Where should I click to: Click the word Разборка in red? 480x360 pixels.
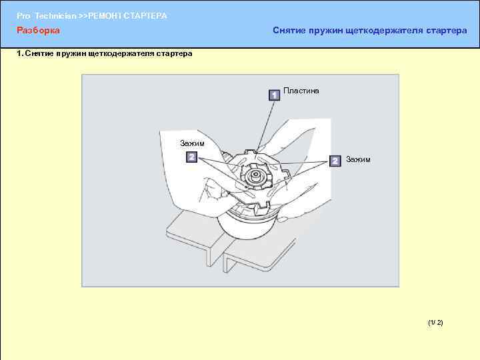point(38,30)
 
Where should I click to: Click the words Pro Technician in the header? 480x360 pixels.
point(46,16)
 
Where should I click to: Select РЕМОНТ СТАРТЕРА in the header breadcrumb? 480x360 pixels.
point(127,16)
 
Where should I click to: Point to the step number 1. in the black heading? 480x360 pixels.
point(20,53)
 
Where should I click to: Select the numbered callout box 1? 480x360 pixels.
point(274,95)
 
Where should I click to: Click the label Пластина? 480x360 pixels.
point(301,91)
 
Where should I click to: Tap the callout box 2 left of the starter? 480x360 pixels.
point(192,157)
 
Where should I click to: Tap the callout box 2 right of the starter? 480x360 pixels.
point(335,161)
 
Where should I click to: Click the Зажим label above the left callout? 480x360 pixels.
point(192,143)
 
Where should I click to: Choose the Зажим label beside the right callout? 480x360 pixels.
point(358,159)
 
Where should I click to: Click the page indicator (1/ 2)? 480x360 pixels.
point(435,323)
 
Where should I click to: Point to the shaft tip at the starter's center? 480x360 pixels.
point(255,175)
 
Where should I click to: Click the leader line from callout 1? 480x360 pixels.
point(265,125)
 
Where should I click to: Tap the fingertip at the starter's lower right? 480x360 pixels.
point(283,219)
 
